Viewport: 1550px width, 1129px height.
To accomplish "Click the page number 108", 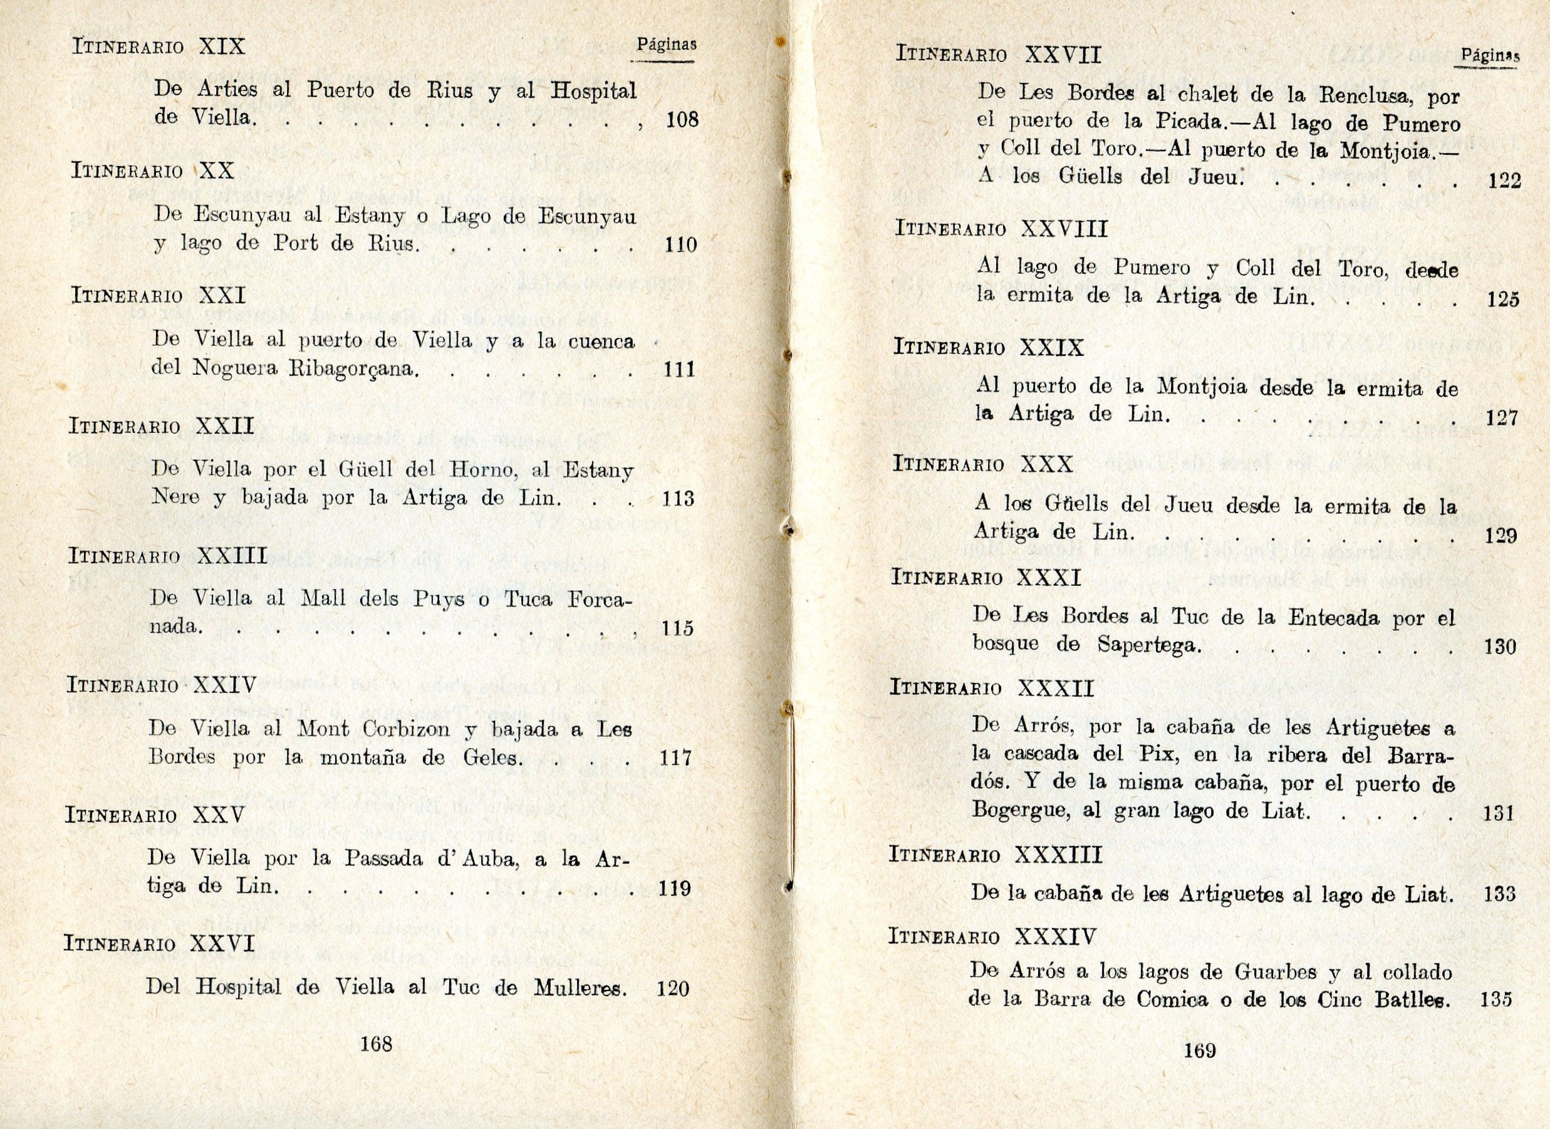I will (682, 120).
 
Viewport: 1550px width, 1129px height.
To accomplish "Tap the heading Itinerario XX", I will (152, 171).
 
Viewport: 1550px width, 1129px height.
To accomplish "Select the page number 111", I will (679, 370).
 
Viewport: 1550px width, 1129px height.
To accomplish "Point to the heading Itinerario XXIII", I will (167, 556).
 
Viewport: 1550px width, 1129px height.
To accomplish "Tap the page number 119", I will (675, 888).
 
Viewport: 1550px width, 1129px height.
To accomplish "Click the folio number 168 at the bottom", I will (376, 1044).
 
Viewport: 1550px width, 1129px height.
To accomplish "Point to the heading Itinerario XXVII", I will (999, 55).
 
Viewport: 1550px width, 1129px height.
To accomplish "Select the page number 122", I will (1504, 181).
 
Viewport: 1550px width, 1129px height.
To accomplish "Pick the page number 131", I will (1499, 813).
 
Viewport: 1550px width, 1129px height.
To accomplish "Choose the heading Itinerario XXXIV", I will (992, 936).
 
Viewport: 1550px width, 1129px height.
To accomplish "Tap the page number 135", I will (1495, 1000).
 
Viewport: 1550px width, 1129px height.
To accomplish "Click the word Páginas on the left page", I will (667, 45).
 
